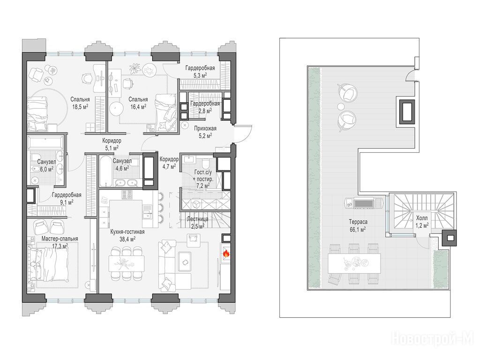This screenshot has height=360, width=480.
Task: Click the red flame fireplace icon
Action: pyautogui.click(x=226, y=253)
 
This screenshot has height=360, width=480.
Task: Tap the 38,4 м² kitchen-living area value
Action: pyautogui.click(x=127, y=239)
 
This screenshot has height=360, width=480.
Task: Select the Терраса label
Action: pyautogui.click(x=358, y=222)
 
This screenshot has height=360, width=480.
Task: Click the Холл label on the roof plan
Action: pyautogui.click(x=422, y=218)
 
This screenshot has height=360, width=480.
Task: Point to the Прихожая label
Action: pyautogui.click(x=205, y=128)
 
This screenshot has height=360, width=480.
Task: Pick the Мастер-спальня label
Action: pyautogui.click(x=60, y=239)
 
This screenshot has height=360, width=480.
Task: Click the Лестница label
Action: pyautogui.click(x=198, y=219)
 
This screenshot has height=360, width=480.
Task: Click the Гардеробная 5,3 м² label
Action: pyautogui.click(x=200, y=71)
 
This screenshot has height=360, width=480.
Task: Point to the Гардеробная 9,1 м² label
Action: pyautogui.click(x=67, y=198)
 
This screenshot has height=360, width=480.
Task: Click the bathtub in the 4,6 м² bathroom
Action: pyautogui.click(x=105, y=171)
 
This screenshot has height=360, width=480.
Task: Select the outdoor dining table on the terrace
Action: pyautogui.click(x=354, y=263)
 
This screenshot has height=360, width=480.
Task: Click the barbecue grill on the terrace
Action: pyautogui.click(x=363, y=203)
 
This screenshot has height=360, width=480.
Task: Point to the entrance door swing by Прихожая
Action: pyautogui.click(x=243, y=134)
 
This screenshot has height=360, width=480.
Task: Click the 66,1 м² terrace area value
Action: pyautogui.click(x=358, y=229)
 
